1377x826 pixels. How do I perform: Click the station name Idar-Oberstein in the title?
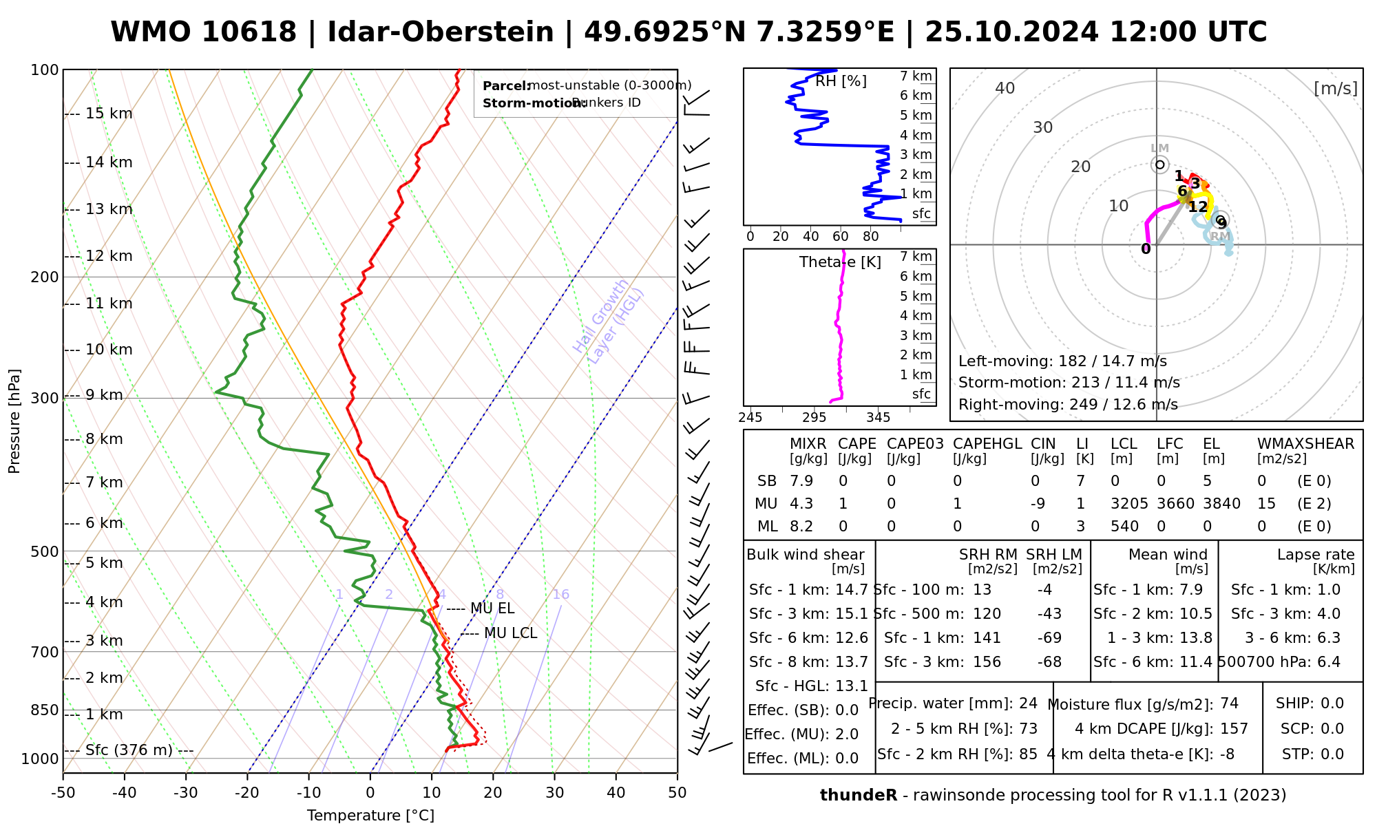[x=440, y=32]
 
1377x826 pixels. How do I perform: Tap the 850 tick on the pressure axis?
[x=45, y=710]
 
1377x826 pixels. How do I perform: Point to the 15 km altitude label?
[x=109, y=114]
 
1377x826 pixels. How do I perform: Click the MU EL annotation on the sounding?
[x=492, y=608]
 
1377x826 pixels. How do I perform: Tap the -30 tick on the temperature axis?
[x=186, y=793]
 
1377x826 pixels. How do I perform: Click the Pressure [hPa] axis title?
[x=14, y=421]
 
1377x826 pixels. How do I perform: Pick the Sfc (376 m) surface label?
[x=129, y=750]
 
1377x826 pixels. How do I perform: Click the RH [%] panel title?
[x=841, y=81]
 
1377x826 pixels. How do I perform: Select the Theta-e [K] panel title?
[x=840, y=262]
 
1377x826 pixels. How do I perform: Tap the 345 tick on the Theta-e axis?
[x=878, y=418]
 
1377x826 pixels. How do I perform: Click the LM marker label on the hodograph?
[x=1159, y=149]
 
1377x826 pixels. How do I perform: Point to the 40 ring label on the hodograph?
[x=1005, y=88]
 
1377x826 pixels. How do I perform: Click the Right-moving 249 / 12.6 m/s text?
[x=1068, y=405]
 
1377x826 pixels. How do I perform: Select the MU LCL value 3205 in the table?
[x=1129, y=504]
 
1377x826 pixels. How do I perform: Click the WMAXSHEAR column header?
[x=1305, y=444]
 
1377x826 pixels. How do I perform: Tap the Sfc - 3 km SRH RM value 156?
[x=987, y=662]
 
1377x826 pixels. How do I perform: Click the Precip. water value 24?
[x=1028, y=703]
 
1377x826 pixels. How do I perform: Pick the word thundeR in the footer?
[x=858, y=796]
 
